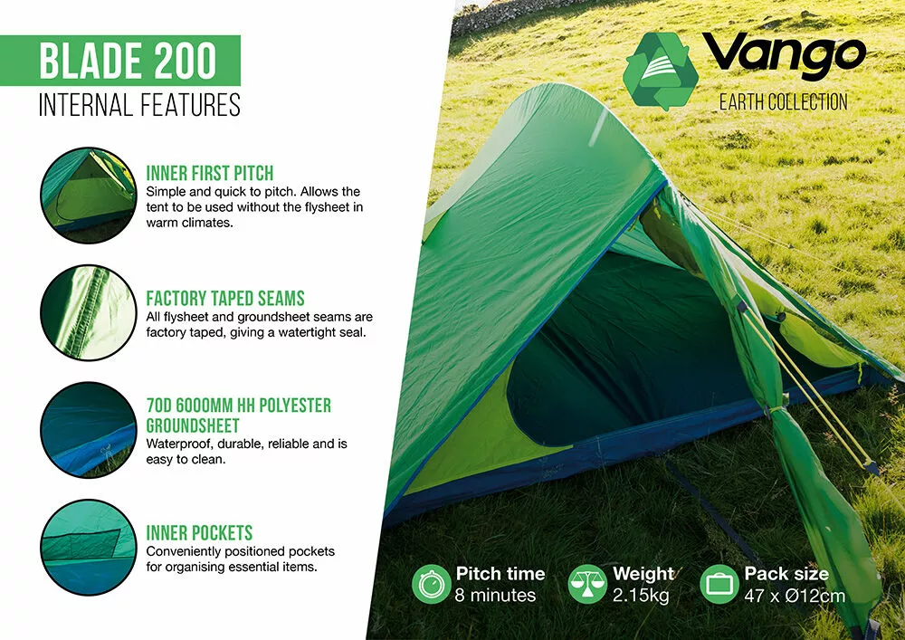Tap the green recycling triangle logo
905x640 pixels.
click(663, 71)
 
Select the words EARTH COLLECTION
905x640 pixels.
click(783, 101)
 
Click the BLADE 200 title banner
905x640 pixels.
click(128, 61)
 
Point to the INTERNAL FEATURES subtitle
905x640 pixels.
click(139, 105)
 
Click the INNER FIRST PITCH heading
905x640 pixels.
click(209, 173)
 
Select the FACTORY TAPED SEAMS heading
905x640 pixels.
click(225, 298)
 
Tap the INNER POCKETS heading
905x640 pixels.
click(199, 532)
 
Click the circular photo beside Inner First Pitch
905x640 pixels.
click(88, 193)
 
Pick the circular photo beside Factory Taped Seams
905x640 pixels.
click(88, 313)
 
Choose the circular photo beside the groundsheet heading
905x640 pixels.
click(88, 430)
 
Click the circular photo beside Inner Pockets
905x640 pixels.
click(88, 548)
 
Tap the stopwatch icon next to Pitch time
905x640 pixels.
click(431, 584)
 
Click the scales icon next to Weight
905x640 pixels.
click(587, 584)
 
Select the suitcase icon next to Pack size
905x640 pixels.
click(719, 584)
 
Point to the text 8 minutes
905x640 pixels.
click(496, 596)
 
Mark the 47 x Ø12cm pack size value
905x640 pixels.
click(795, 596)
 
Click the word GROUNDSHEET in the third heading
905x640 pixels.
click(193, 425)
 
